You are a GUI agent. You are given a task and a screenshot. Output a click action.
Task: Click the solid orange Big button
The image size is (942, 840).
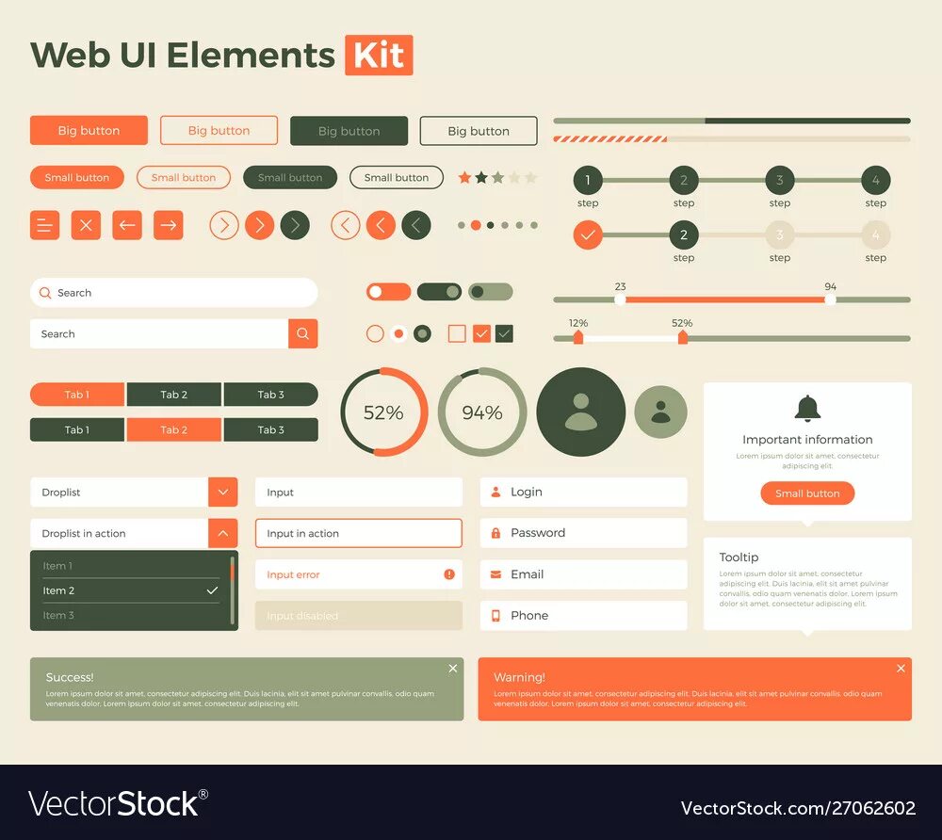click(x=89, y=131)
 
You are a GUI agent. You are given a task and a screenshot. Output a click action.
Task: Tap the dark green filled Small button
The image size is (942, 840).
click(x=290, y=177)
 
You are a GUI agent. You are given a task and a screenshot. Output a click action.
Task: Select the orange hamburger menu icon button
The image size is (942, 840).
click(x=44, y=225)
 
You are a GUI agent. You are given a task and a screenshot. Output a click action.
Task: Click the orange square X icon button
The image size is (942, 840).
click(x=86, y=225)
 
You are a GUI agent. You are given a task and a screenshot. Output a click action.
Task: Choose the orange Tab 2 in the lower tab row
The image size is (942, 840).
click(x=173, y=429)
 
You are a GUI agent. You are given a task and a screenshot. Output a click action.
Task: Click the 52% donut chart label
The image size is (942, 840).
click(x=383, y=412)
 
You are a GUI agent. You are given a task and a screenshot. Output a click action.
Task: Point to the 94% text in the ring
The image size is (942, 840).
click(x=482, y=412)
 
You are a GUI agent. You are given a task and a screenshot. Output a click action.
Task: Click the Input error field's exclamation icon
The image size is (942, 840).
click(x=449, y=574)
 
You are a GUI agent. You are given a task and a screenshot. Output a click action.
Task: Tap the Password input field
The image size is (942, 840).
click(x=583, y=533)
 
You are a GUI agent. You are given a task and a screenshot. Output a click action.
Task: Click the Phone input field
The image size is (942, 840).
click(x=583, y=616)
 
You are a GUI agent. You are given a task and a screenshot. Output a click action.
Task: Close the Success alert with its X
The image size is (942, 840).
click(x=453, y=669)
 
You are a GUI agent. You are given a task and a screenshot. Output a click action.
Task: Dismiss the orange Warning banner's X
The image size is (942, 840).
click(x=901, y=669)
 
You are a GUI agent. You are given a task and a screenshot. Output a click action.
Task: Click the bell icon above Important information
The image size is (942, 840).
click(x=807, y=409)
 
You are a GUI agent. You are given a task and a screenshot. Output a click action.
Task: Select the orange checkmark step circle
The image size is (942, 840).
click(x=588, y=234)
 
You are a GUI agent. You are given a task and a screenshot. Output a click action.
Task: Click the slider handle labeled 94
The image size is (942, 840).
click(x=830, y=299)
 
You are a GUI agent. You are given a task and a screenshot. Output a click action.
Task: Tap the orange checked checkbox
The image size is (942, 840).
click(x=481, y=333)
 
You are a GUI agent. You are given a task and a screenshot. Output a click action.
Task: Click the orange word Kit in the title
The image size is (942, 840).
click(x=379, y=55)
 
